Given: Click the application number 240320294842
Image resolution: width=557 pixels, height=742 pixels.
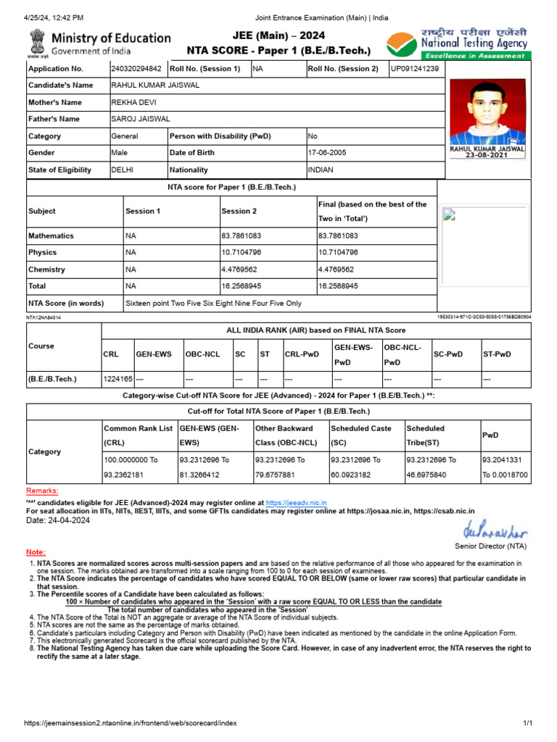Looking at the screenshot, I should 136,69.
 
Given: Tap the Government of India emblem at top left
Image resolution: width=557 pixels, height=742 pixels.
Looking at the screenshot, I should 36,43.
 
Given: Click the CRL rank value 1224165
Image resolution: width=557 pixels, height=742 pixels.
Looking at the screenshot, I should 117,379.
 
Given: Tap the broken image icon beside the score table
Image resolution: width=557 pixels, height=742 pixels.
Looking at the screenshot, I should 449,214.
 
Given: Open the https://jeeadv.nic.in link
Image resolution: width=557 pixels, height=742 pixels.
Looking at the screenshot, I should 296,502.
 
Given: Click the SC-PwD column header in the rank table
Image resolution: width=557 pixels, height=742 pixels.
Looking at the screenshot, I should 447,354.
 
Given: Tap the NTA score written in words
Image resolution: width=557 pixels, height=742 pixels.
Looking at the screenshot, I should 213,303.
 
